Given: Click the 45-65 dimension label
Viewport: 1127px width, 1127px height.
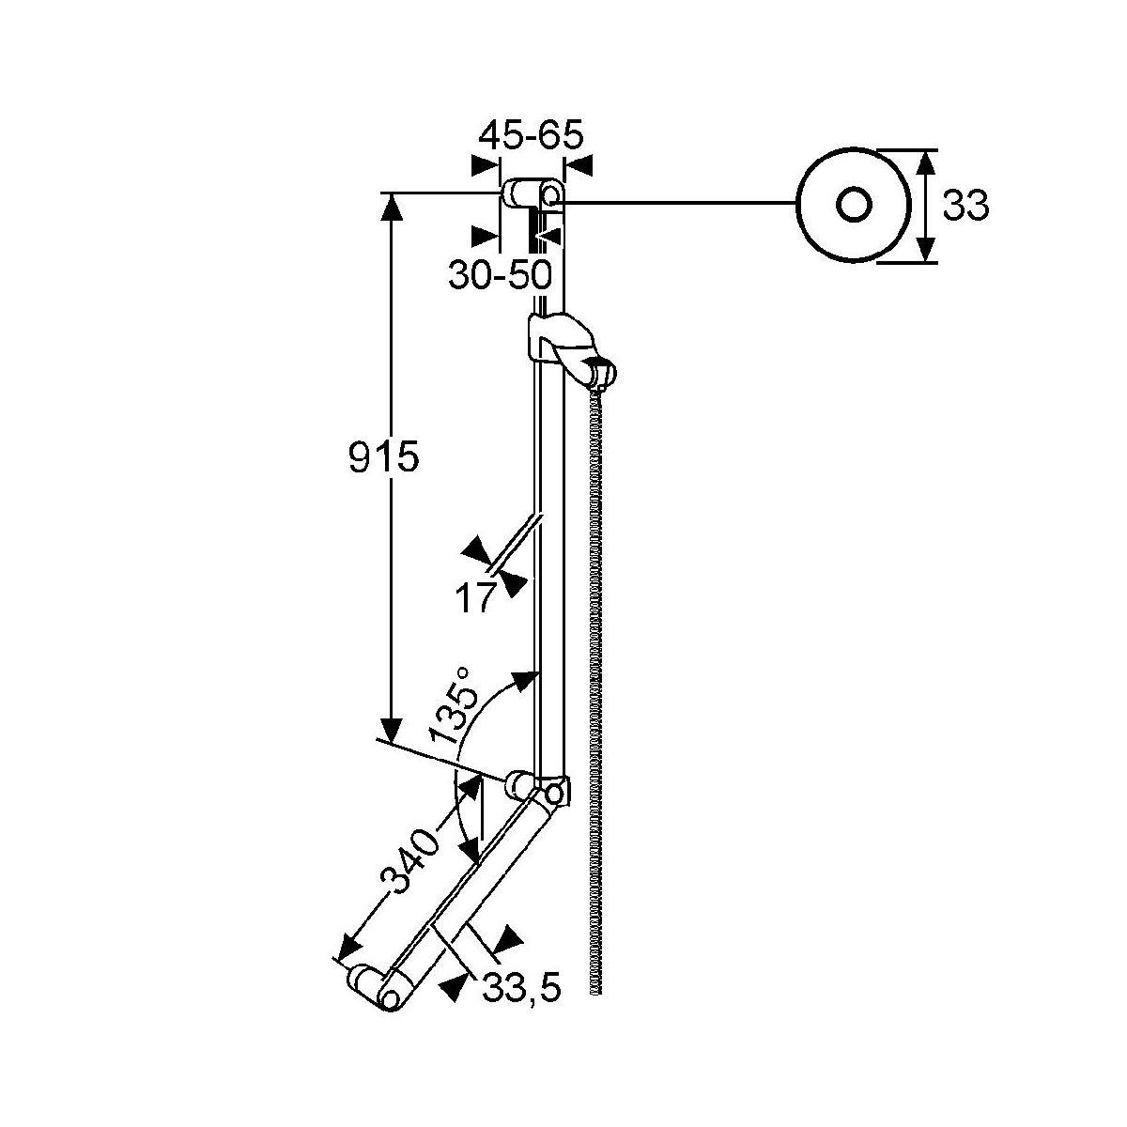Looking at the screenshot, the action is (531, 135).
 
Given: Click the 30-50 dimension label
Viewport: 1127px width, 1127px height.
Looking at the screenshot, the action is (500, 274).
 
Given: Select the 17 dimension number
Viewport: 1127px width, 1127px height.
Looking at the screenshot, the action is (474, 597).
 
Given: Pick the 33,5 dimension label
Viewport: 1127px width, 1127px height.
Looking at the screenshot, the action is (521, 988).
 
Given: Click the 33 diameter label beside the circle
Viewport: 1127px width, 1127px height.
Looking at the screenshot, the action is (965, 206).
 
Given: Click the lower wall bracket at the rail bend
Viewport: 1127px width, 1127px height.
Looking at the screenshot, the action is (537, 787).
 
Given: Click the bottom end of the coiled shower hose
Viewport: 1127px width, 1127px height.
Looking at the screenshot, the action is (595, 988).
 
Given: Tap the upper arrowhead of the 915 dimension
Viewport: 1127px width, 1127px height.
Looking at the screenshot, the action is (392, 207).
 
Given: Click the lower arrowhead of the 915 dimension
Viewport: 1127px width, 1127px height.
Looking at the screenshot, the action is (391, 729).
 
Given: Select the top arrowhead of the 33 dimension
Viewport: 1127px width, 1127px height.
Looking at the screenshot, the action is (924, 164).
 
